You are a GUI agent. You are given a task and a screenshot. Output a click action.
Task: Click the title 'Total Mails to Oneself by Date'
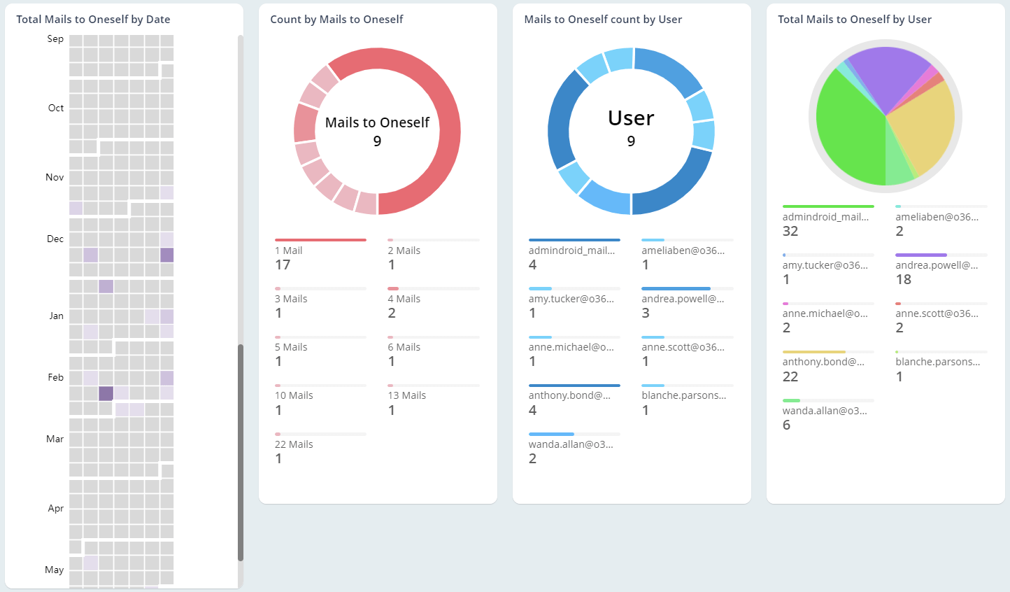pyautogui.click(x=93, y=20)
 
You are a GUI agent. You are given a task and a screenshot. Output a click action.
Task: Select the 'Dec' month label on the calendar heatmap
pyautogui.click(x=55, y=239)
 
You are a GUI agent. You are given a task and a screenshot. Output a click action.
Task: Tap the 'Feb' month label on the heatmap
pyautogui.click(x=56, y=378)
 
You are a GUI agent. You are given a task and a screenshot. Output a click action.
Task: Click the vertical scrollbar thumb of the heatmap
pyautogui.click(x=241, y=451)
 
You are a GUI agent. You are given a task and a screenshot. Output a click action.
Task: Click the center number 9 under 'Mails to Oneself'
pyautogui.click(x=377, y=141)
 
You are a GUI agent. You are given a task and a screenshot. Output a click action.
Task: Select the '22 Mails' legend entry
pyautogui.click(x=294, y=444)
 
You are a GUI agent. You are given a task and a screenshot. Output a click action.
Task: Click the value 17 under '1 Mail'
pyautogui.click(x=283, y=265)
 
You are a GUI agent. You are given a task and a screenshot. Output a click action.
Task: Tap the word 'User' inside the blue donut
pyautogui.click(x=631, y=118)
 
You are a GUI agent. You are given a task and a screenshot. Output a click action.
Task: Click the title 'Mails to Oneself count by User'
pyautogui.click(x=603, y=20)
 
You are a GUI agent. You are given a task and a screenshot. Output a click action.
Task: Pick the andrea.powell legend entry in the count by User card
pyautogui.click(x=683, y=299)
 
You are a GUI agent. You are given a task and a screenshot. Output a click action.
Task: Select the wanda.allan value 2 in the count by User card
pyautogui.click(x=533, y=459)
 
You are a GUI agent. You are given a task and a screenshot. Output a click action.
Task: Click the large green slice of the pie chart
pyautogui.click(x=846, y=133)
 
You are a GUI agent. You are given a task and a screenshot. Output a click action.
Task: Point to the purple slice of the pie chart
pyautogui.click(x=885, y=73)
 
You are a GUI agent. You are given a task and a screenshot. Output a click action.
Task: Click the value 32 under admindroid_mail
pyautogui.click(x=790, y=232)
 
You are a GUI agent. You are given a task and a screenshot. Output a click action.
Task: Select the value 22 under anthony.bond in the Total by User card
pyautogui.click(x=790, y=377)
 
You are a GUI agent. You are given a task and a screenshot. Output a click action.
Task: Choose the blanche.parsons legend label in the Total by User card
pyautogui.click(x=937, y=362)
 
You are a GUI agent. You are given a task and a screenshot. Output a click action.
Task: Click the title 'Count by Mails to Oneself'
pyautogui.click(x=336, y=20)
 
